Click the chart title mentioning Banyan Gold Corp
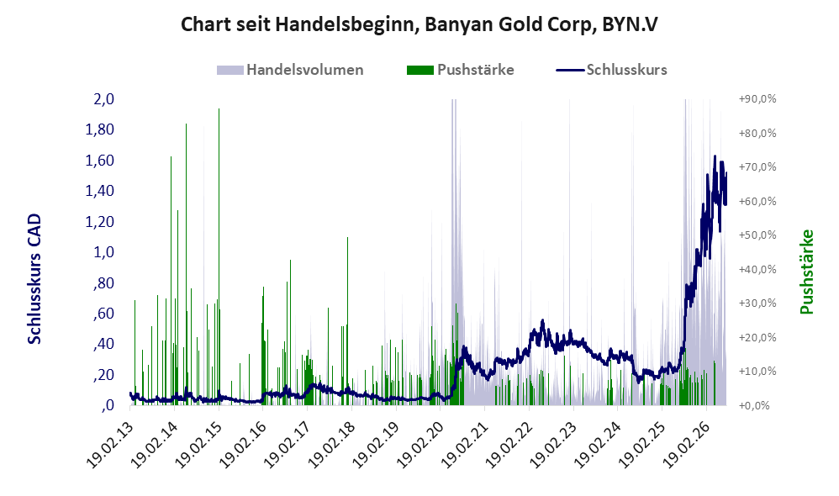419,24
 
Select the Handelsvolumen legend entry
290,70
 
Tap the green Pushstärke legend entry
460,70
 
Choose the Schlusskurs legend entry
611,70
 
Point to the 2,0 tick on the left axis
103,99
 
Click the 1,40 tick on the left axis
100,191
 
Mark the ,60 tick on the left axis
103,313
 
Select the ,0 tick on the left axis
108,405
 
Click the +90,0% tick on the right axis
757,99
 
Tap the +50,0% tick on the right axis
757,235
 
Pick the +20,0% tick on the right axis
757,337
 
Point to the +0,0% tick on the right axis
754,405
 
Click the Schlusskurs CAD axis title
34,279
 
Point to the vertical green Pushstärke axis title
806,272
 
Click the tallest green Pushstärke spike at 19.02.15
219,257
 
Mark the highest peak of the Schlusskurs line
715,156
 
